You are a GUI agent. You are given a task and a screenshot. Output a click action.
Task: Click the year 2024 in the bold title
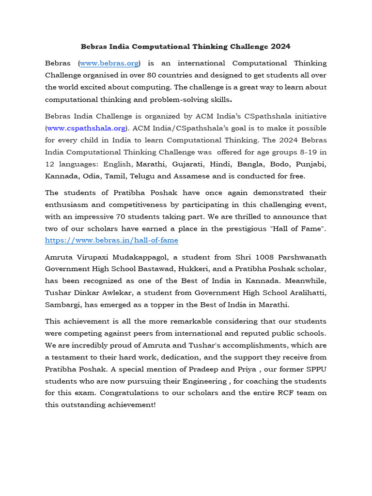pos(280,46)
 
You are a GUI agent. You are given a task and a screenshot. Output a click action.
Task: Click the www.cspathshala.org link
pos(86,128)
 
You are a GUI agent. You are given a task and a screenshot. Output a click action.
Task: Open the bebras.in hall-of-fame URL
pos(111,240)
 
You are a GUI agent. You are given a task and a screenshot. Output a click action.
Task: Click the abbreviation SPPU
pos(316,369)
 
